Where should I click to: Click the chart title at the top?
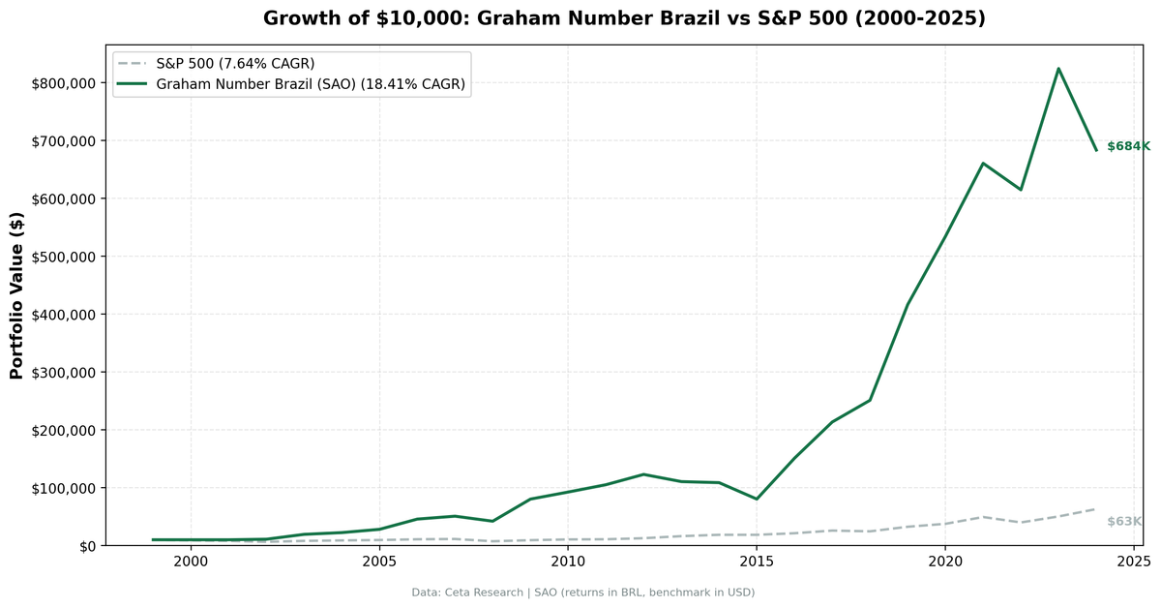[624, 18]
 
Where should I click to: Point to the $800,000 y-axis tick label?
[63, 83]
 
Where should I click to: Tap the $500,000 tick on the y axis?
[63, 257]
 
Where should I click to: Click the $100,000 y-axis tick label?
[63, 488]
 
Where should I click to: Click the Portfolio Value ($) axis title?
[16, 295]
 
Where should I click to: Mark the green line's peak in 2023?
[1058, 69]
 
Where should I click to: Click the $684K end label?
[1128, 146]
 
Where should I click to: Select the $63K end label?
[1124, 522]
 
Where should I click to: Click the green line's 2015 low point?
[757, 499]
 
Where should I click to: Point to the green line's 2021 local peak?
[983, 164]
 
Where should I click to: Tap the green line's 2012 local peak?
[643, 474]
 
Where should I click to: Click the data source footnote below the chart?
[582, 593]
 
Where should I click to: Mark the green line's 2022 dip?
[1021, 190]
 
